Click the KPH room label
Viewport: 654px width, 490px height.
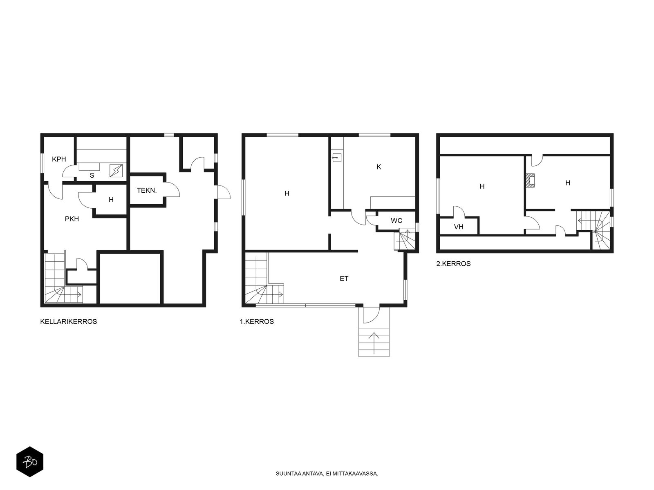pos(59,159)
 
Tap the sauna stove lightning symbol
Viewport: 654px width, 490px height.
pos(116,171)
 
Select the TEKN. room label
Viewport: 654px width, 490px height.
pos(147,190)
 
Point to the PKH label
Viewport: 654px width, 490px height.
pos(72,219)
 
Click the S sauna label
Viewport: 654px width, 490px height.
pos(92,176)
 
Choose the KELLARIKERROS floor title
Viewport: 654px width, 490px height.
pos(69,322)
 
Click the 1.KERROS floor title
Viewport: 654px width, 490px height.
pos(257,322)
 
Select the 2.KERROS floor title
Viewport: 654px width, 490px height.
pos(453,264)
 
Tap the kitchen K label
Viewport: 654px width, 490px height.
pos(379,167)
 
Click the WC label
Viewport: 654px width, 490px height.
pos(396,221)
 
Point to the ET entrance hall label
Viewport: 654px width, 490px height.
pos(344,279)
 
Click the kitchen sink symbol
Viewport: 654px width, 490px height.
pos(337,157)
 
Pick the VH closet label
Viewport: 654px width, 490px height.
pos(459,227)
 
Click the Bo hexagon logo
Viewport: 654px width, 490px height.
pos(30,461)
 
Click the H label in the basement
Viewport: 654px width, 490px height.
pos(111,200)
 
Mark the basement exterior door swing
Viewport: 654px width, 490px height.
pos(224,192)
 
